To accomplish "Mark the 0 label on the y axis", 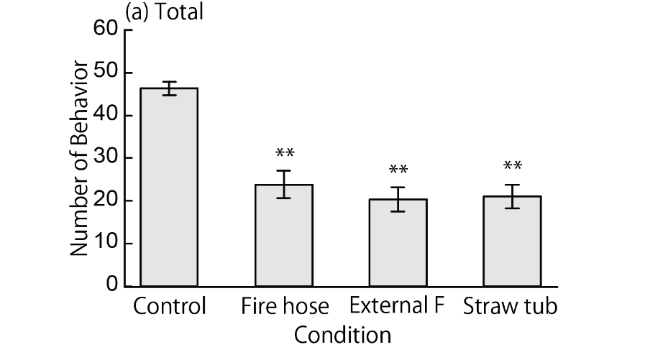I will click(111, 286).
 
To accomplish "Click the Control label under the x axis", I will click(170, 307).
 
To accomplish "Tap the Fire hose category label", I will click(284, 307).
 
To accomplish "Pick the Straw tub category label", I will click(511, 307).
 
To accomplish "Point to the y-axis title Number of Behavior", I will click(80, 158).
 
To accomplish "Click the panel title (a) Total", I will click(163, 12).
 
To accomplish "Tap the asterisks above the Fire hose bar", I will click(284, 154).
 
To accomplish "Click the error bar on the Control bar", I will click(169, 88).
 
